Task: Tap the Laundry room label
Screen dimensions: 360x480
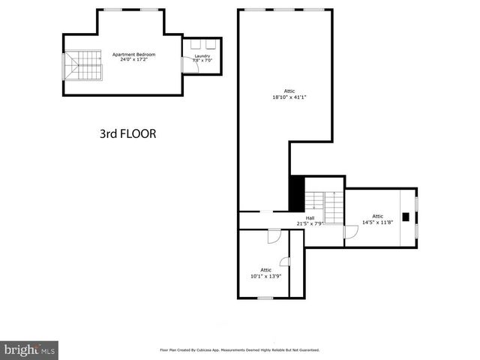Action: click(x=202, y=55)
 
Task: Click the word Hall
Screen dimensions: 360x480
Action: click(x=310, y=218)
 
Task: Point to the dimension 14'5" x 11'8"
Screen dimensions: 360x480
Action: click(x=377, y=221)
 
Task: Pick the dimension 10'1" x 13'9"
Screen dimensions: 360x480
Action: click(x=265, y=275)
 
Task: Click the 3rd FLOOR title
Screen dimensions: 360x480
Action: click(x=127, y=134)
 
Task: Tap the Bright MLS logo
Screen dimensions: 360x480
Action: click(x=29, y=349)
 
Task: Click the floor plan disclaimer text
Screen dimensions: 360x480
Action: click(x=239, y=349)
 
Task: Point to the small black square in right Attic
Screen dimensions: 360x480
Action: click(x=405, y=217)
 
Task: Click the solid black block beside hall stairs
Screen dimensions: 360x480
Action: click(x=296, y=193)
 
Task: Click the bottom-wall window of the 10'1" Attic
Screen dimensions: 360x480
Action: click(x=265, y=298)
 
